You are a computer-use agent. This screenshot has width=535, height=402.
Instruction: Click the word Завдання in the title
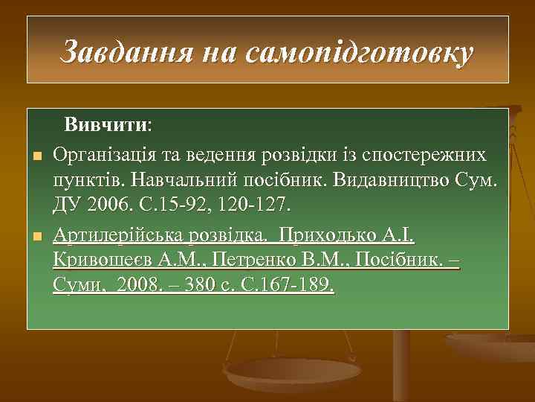(x=128, y=52)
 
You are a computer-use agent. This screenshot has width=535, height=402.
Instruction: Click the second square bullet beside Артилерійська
(x=35, y=237)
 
